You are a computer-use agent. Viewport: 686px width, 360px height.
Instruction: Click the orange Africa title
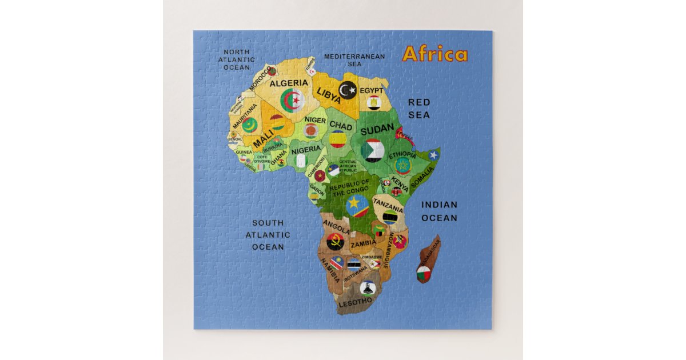tap(434, 54)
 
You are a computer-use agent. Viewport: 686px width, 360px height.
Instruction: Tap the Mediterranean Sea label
tap(354, 60)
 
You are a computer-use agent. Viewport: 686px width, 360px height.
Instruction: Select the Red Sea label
tap(418, 109)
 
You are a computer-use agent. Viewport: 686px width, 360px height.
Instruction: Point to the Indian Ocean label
tap(439, 211)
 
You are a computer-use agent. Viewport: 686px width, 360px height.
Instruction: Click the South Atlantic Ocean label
tap(268, 235)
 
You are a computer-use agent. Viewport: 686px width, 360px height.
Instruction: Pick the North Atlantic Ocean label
tap(237, 59)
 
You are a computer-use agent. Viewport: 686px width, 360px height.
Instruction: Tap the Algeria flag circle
tap(292, 101)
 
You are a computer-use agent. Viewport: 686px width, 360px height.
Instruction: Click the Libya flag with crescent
tap(348, 90)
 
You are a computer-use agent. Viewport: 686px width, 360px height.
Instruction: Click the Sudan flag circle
tap(373, 150)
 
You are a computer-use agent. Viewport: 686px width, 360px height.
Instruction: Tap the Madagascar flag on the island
tap(424, 273)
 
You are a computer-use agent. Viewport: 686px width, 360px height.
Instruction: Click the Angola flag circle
tap(334, 241)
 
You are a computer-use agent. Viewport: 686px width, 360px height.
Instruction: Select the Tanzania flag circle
tap(390, 217)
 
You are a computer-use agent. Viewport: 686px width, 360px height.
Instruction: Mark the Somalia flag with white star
tap(433, 155)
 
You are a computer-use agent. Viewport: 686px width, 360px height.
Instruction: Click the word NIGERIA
tap(306, 149)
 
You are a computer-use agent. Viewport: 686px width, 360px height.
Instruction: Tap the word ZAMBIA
tap(364, 243)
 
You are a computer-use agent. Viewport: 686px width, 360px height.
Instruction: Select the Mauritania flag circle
tap(249, 125)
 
